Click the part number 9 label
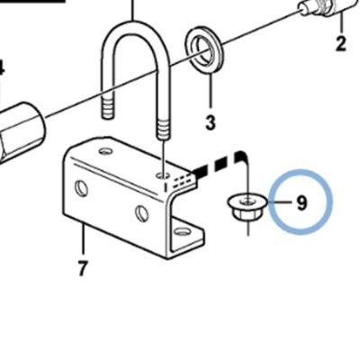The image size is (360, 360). point(302,202)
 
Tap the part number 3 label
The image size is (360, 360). point(211,122)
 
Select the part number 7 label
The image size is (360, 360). point(82,268)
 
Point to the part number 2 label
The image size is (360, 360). point(341,43)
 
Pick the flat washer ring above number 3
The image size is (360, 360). point(203,49)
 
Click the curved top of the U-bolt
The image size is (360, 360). point(134,33)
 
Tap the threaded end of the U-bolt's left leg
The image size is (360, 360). point(108,107)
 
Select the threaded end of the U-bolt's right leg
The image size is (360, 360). point(163,130)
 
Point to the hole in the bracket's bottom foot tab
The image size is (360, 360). point(182,231)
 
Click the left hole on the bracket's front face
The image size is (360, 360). point(81,189)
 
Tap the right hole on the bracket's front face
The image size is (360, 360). point(141,213)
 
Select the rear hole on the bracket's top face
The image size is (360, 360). point(105,151)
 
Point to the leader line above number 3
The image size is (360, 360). point(211,90)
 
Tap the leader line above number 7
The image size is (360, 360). point(83,240)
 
